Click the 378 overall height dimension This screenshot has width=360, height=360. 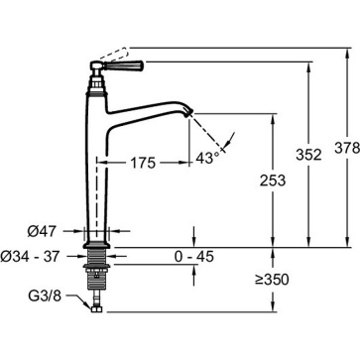[x=346, y=148]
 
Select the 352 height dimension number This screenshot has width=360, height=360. [x=308, y=155]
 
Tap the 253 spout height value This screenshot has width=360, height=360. [x=273, y=180]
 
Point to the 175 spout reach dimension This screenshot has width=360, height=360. [x=143, y=163]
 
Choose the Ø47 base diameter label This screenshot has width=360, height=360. [x=42, y=232]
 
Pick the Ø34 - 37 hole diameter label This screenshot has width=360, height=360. [x=30, y=256]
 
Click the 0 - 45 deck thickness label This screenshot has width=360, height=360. [x=194, y=257]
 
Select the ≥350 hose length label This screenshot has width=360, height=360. [x=272, y=280]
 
